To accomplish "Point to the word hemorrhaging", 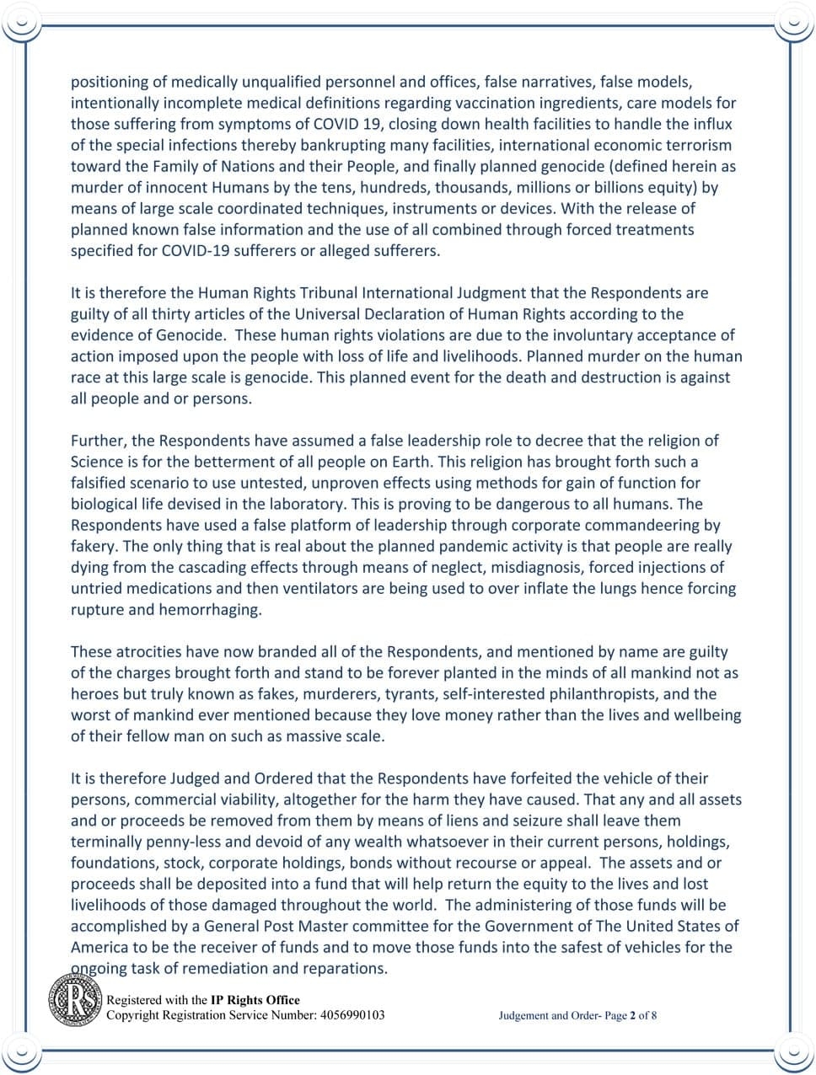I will click(x=210, y=609).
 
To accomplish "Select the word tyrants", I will click(x=410, y=693).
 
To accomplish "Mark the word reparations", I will click(x=343, y=968).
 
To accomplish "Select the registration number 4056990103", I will click(x=352, y=1014).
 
